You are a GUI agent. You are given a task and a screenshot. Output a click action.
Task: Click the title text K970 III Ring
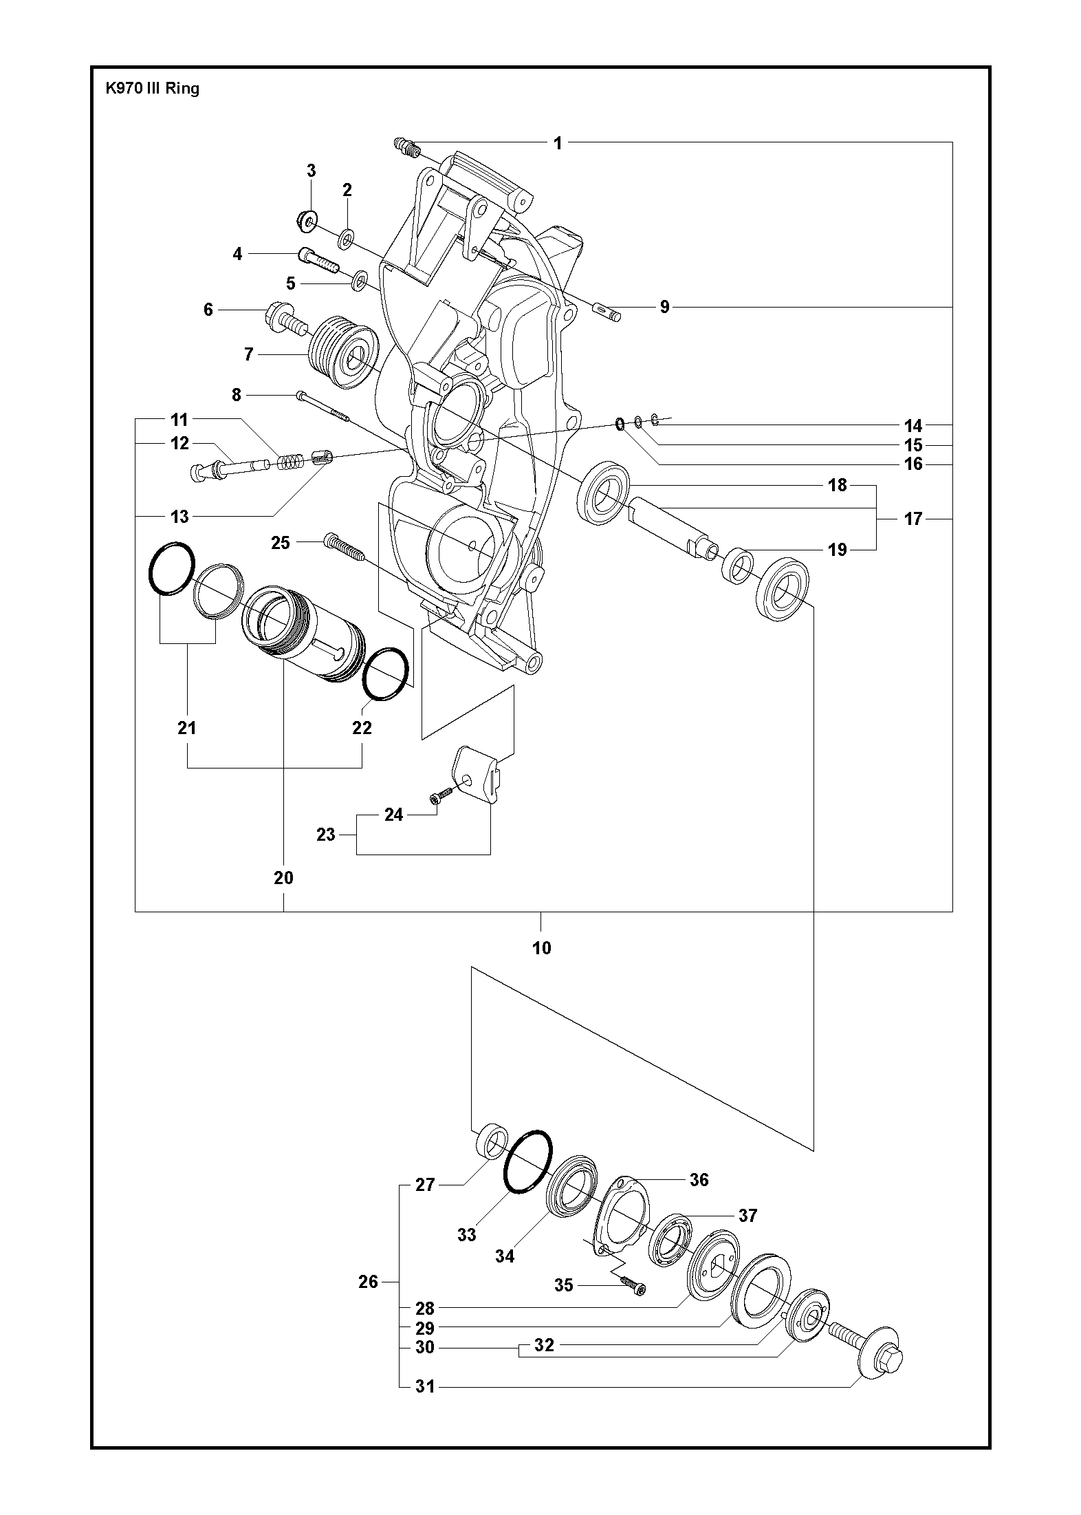[x=152, y=88]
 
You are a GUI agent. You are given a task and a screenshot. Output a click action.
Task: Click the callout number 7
[x=248, y=354]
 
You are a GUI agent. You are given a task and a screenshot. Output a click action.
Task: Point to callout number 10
[x=542, y=947]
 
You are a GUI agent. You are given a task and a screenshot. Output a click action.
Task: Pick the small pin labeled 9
[x=607, y=312]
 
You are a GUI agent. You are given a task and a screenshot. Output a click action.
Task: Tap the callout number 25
[x=281, y=543]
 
